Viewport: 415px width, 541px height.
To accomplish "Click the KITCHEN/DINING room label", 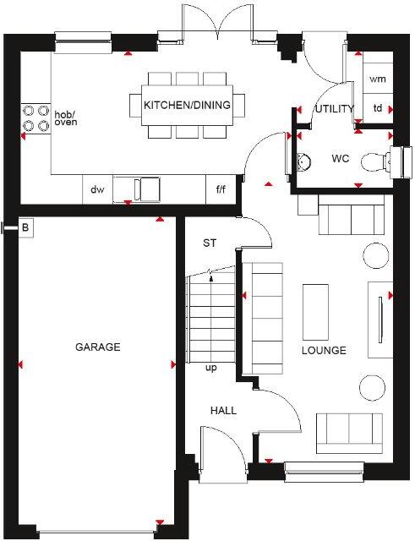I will (x=187, y=105).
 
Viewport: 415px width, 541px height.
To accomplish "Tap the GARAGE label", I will (x=97, y=347).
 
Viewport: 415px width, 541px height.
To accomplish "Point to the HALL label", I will (x=223, y=411).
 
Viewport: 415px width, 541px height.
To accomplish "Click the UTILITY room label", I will (x=334, y=109).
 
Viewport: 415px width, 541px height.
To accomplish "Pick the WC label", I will (x=341, y=158).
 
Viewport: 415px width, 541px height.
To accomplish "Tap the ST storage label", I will (x=210, y=243).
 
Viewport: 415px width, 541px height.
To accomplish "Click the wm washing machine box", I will (x=377, y=78).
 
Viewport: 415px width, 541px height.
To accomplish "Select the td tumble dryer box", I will (x=378, y=108).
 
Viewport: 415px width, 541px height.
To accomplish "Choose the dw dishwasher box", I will (x=98, y=189).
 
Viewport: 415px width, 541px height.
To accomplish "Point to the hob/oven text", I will (x=65, y=118).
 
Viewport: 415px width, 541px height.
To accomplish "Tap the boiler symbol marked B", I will (x=25, y=227).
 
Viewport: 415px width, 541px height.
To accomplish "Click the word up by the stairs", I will (x=211, y=368).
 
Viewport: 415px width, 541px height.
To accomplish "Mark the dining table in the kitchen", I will (x=187, y=105).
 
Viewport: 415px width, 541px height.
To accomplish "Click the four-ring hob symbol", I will (x=35, y=117).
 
